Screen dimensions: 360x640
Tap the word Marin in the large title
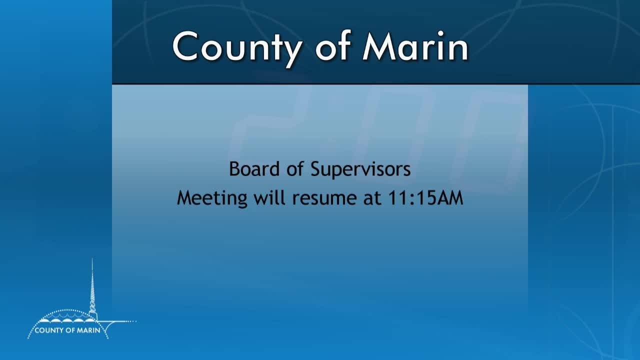coord(415,46)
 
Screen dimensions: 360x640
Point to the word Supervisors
coord(360,169)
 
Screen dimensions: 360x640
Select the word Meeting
coord(212,198)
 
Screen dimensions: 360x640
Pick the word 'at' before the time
coord(372,198)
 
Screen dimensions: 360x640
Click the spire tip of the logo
coord(92,260)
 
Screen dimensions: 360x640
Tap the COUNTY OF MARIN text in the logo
coord(67,330)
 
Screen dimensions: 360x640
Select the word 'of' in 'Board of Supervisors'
coord(295,169)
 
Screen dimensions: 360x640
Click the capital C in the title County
coord(185,46)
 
